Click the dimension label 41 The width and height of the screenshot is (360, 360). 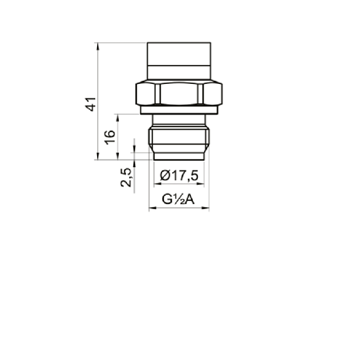(x=91, y=104)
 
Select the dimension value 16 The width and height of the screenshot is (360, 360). (x=110, y=137)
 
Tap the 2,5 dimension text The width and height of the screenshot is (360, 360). (x=126, y=177)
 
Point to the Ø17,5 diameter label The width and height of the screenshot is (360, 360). (x=179, y=176)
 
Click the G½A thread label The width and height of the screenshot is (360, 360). (x=178, y=199)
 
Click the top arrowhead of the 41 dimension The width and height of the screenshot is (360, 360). (x=98, y=46)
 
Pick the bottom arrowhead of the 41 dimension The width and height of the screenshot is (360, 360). (x=98, y=156)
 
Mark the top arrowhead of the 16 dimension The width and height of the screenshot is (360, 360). (x=118, y=118)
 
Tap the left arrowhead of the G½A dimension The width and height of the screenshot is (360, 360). (x=153, y=208)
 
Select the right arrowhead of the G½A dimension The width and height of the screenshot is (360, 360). (x=205, y=208)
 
